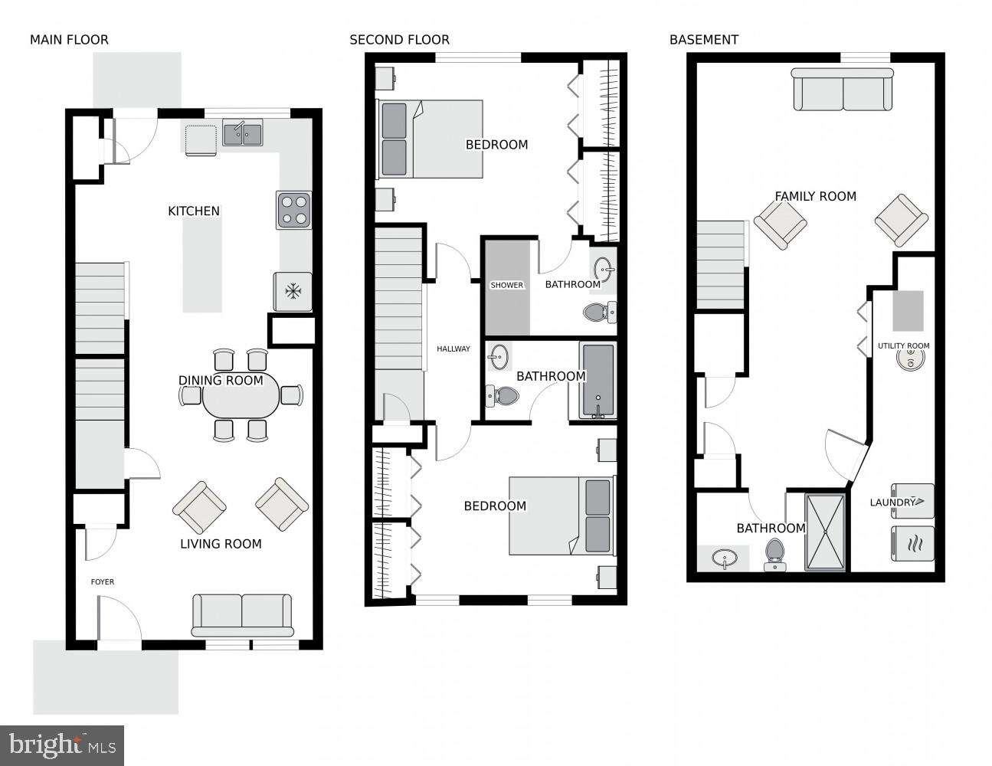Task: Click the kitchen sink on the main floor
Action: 242,133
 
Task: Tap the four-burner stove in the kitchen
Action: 293,210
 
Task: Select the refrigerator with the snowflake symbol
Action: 293,292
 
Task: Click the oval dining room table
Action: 241,395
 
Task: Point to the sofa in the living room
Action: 242,615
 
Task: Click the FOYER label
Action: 102,582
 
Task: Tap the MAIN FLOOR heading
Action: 70,40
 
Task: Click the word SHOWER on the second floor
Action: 507,285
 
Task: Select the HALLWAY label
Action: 453,349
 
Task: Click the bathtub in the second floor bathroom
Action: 598,380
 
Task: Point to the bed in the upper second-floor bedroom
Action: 429,139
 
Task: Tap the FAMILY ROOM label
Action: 815,197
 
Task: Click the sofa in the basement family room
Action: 843,90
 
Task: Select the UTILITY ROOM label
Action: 903,346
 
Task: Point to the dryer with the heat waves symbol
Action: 912,544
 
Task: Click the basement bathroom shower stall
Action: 825,532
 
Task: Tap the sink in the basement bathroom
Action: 724,558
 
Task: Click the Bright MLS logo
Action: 62,745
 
